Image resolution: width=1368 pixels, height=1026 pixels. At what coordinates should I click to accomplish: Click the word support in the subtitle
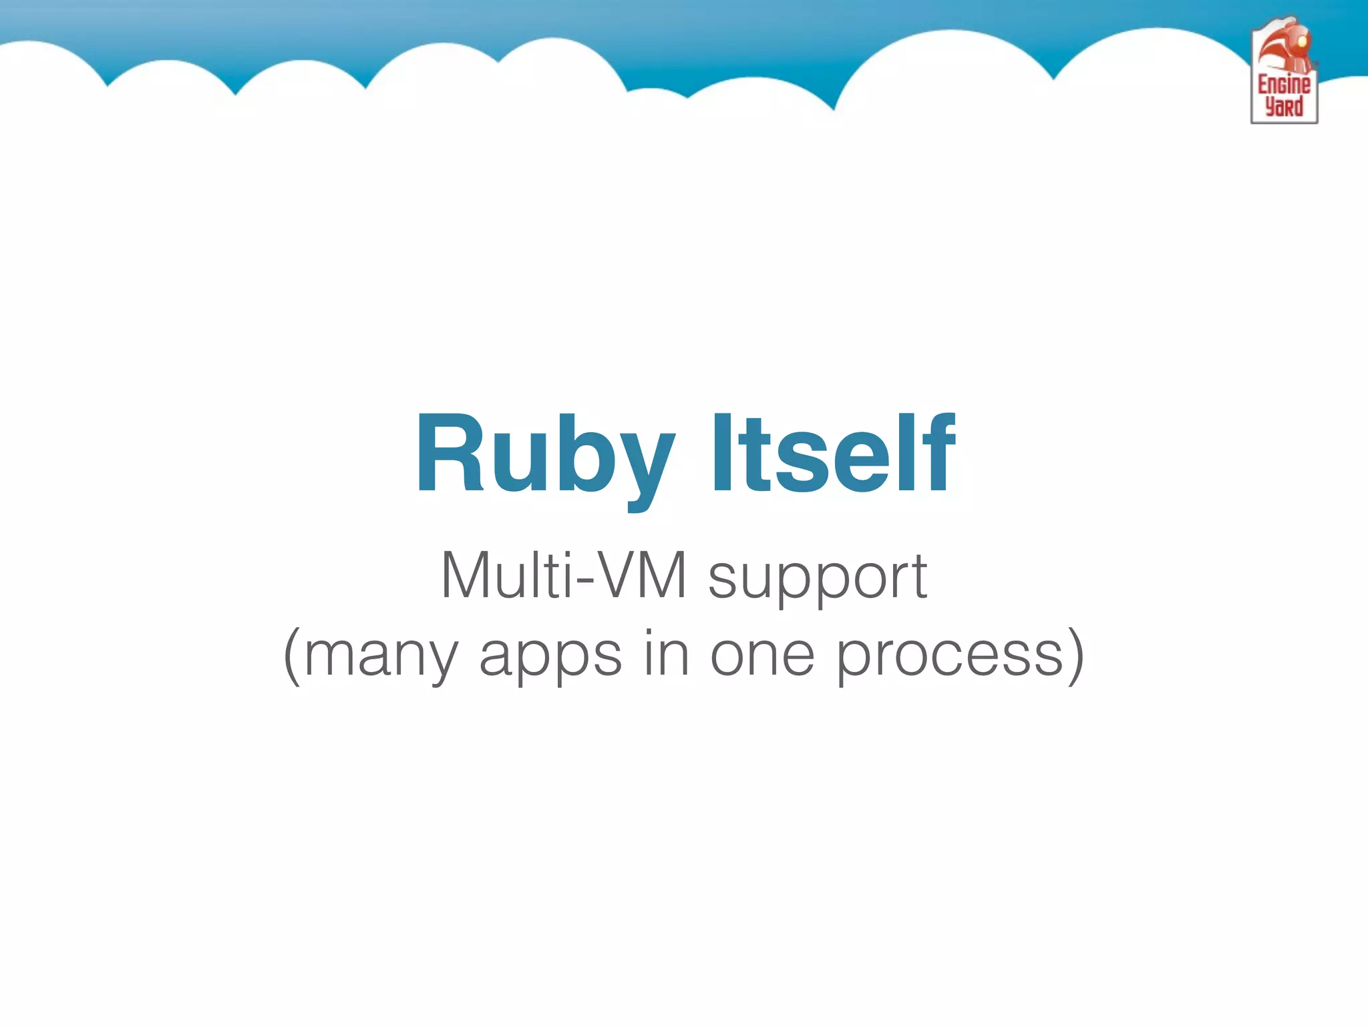pos(817,578)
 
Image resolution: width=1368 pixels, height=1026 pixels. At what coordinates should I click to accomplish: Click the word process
pos(949,658)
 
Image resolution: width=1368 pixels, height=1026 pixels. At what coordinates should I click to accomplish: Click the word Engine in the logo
pos(1284,85)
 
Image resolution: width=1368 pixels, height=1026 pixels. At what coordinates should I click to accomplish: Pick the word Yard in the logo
pos(1284,107)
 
